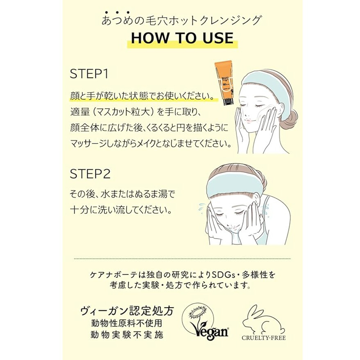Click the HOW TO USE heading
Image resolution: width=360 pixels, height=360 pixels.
(x=182, y=38)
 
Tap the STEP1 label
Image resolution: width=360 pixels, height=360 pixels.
(x=89, y=74)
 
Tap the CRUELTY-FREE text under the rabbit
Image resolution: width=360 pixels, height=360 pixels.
(x=264, y=338)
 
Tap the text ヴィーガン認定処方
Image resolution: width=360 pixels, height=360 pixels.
(x=127, y=311)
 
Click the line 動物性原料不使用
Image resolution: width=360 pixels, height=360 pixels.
(x=127, y=323)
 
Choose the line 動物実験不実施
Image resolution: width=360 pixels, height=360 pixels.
(x=127, y=335)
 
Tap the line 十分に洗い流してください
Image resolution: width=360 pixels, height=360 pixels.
(x=121, y=210)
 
